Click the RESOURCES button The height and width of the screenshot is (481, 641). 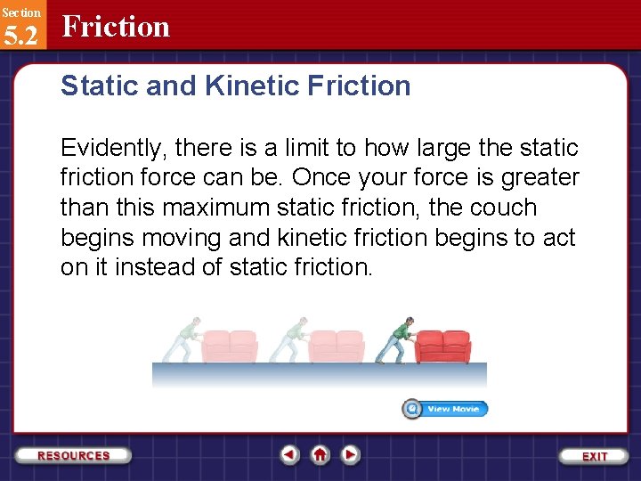[74, 455]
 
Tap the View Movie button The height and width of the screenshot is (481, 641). [445, 409]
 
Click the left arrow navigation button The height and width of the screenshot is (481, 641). [290, 455]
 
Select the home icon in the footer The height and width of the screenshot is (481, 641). [320, 455]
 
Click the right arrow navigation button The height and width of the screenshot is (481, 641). [351, 455]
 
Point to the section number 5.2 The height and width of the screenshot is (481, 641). [20, 36]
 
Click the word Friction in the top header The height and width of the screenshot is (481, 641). [116, 27]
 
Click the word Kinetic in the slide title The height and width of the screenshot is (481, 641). [259, 86]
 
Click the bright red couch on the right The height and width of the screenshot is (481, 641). [443, 346]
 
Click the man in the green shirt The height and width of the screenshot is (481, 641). [396, 340]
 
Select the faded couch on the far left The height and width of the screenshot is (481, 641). [230, 346]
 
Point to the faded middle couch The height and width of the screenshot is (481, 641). [337, 346]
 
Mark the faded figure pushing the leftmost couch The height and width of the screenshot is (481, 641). [184, 340]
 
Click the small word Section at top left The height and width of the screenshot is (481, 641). [20, 12]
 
